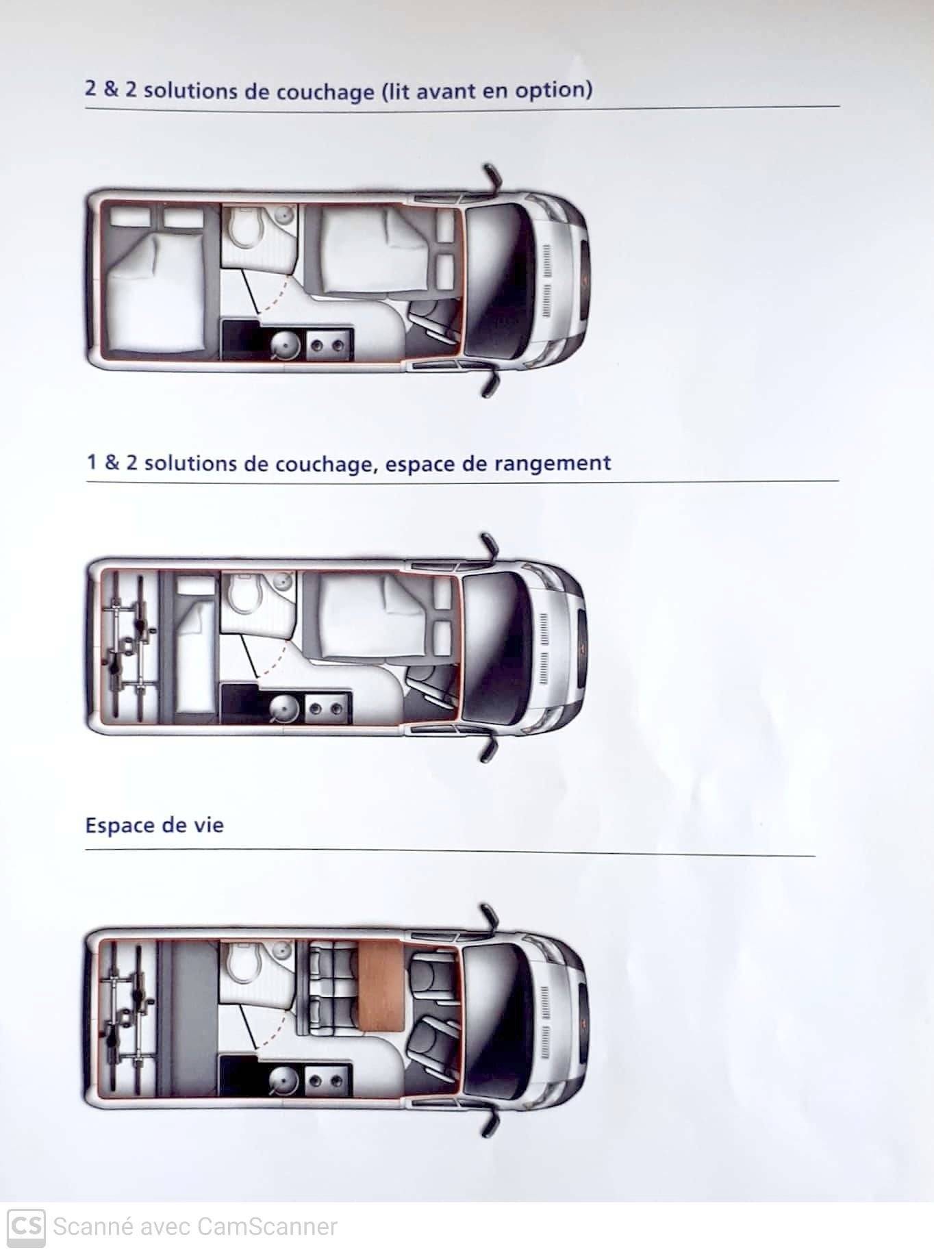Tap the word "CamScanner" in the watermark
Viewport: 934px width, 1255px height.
[x=267, y=1226]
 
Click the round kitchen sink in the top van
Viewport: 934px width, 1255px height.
[x=283, y=346]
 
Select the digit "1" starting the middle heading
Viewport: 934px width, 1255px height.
[x=92, y=463]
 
